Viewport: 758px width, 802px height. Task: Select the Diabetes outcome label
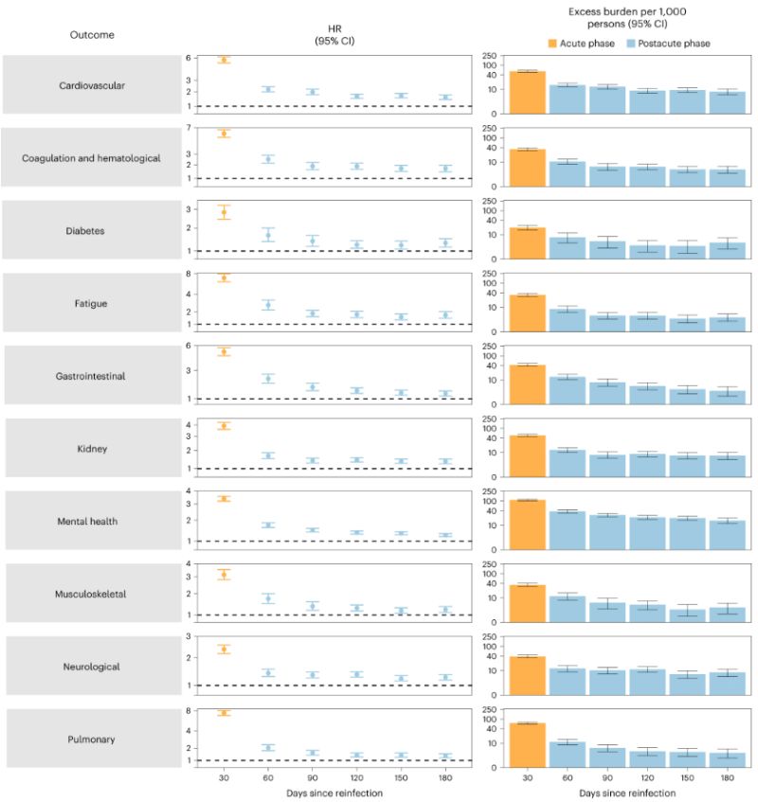tap(91, 230)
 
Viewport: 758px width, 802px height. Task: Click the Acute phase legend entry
tap(581, 43)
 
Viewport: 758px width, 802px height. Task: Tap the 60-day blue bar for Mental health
tap(567, 530)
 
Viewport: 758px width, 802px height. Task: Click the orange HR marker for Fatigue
tap(225, 278)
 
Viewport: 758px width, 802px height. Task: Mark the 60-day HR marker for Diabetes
tap(268, 235)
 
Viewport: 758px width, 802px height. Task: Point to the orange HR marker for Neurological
tap(225, 649)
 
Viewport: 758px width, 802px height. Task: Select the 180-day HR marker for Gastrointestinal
tap(444, 393)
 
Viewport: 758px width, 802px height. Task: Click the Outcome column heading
tap(92, 35)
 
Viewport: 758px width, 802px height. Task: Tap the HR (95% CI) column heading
tap(327, 35)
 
